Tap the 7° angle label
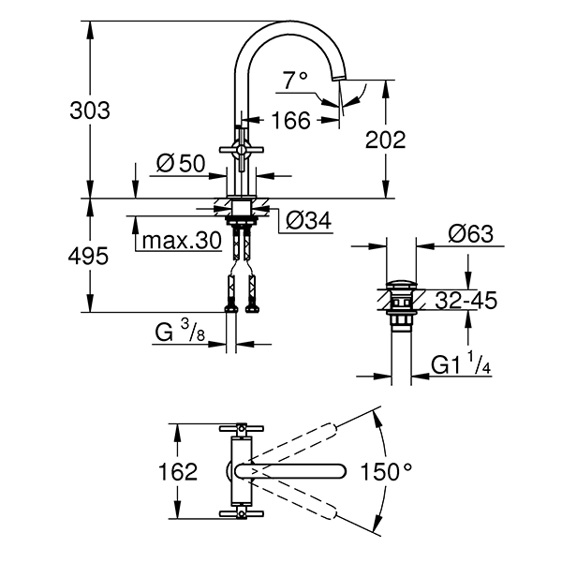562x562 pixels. point(297,82)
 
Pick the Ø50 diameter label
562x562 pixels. point(181,163)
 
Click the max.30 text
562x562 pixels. point(182,241)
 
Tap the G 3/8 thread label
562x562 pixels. point(181,332)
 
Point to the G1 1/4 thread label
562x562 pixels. point(462,365)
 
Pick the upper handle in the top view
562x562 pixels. point(243,431)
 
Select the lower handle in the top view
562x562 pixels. point(243,513)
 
